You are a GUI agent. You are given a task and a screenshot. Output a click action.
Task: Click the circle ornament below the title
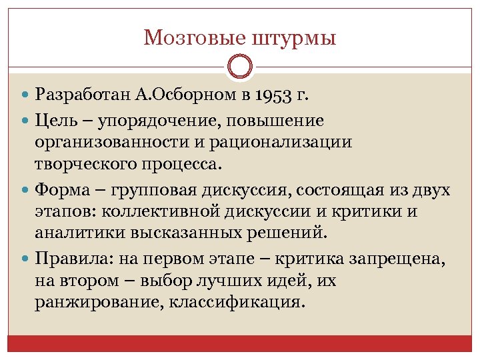[x=240, y=67]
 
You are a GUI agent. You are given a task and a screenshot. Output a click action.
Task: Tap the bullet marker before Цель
[x=25, y=121]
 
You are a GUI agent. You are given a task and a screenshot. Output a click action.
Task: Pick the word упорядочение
[x=165, y=121]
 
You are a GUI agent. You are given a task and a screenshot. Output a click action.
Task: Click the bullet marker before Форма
[x=25, y=191]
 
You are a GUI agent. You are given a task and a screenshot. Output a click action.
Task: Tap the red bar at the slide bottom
[x=240, y=343]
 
